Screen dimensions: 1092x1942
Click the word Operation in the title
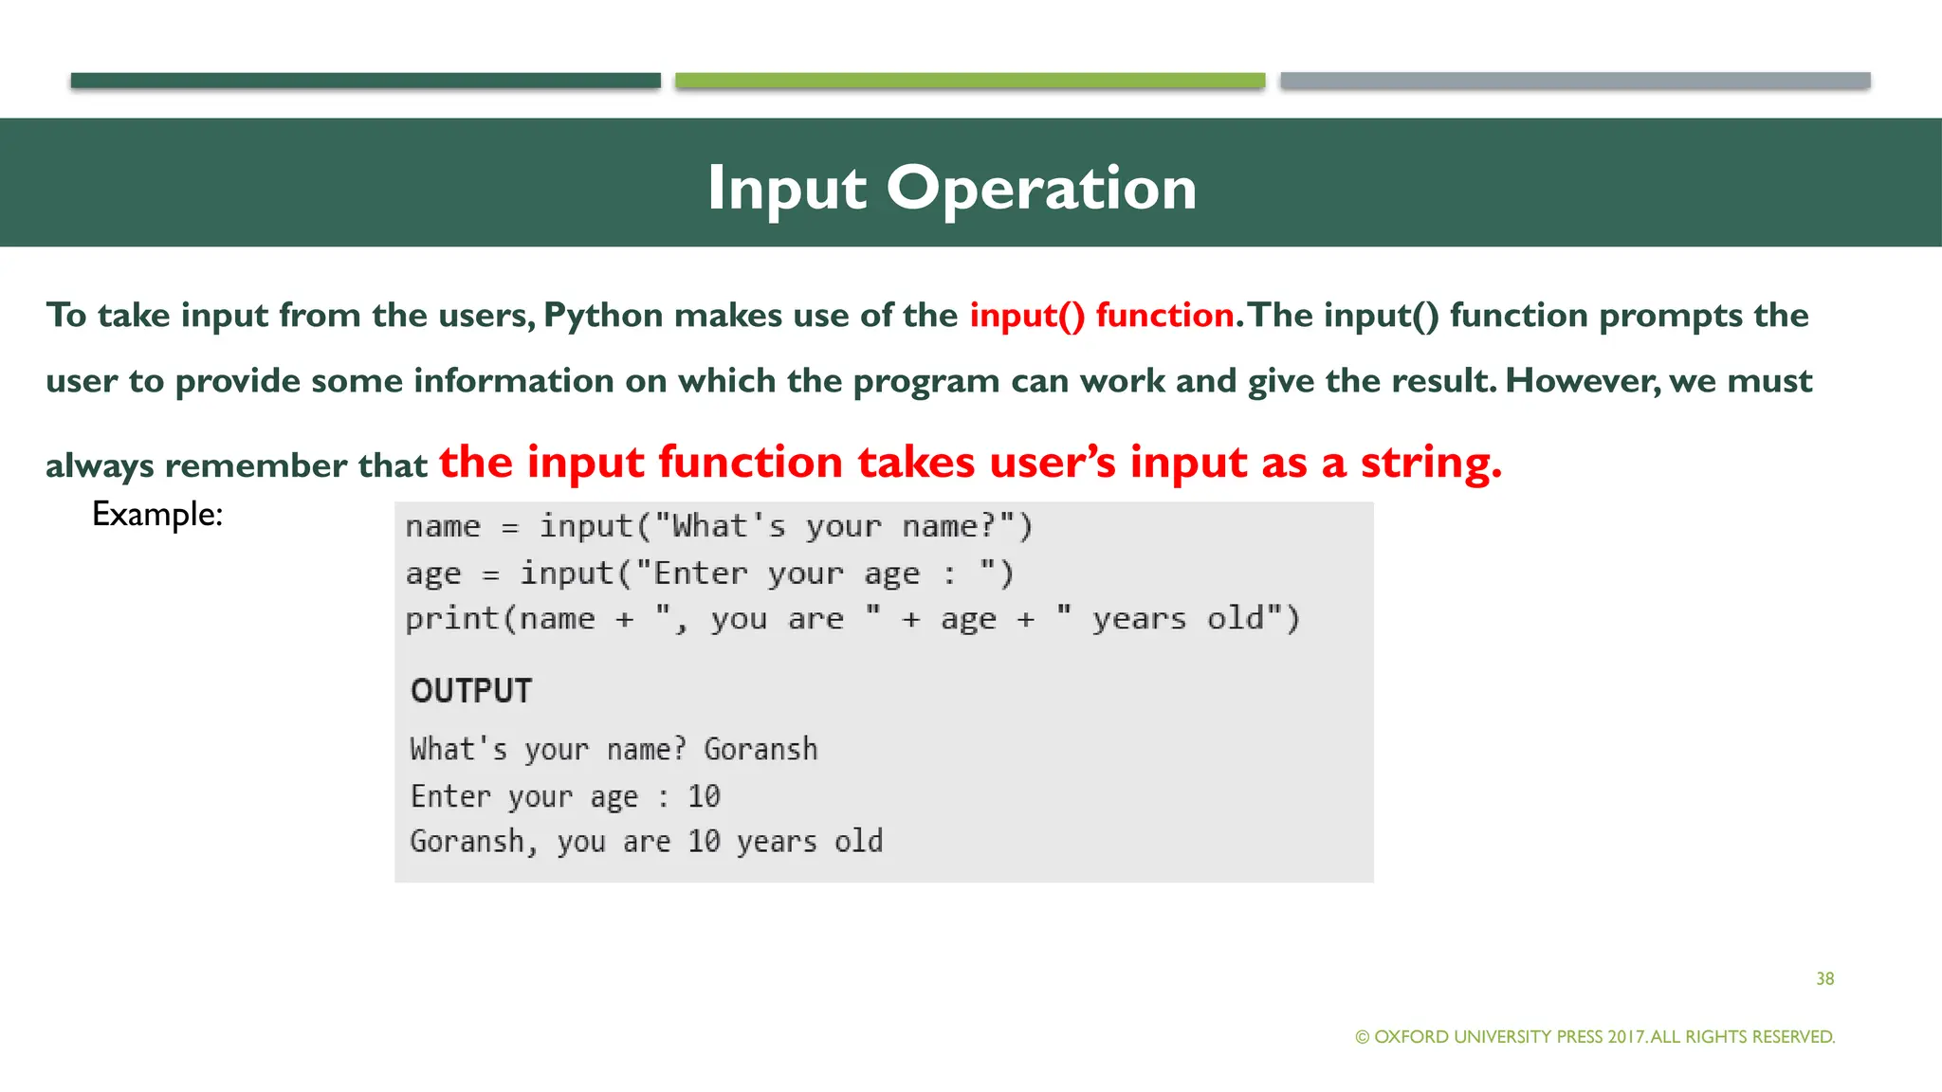(1041, 188)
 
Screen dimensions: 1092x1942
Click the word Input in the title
(786, 188)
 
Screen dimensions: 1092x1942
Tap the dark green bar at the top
(365, 81)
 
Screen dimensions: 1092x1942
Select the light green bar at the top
(969, 81)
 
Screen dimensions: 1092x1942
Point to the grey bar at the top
(1574, 81)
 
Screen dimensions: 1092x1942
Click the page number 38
(1824, 978)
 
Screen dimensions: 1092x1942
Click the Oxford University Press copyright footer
(1594, 1036)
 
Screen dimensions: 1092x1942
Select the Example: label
(157, 515)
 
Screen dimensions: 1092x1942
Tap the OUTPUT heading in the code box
(471, 691)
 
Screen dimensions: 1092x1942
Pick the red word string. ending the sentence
(1431, 463)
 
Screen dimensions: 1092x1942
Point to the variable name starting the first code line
(443, 527)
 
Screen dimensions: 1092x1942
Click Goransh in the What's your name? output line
(760, 749)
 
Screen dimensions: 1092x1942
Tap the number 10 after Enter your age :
(704, 796)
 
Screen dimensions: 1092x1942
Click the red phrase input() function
(1101, 316)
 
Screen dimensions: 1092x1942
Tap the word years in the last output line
(777, 842)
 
